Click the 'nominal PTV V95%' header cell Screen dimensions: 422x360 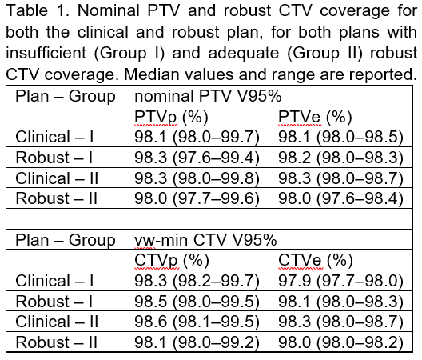coord(208,96)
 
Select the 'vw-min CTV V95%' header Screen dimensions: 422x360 coord(205,240)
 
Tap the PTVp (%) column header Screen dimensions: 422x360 coord(171,118)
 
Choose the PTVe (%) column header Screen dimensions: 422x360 coord(315,118)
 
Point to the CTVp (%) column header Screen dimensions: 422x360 coord(172,261)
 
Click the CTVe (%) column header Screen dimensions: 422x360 coord(316,261)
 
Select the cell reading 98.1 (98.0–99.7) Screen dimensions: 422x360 coord(197,137)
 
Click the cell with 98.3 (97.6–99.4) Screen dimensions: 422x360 coord(197,158)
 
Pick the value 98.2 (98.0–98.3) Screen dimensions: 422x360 coord(340,158)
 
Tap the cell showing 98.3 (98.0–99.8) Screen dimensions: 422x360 coord(197,178)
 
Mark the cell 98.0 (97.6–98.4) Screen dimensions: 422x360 coord(340,198)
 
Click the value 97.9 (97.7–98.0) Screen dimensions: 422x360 coord(340,281)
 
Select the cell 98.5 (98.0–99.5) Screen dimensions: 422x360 coord(197,302)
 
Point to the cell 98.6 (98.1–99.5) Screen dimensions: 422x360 coord(197,322)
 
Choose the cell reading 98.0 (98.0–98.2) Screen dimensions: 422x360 coord(340,342)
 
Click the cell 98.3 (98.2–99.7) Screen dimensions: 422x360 coord(197,281)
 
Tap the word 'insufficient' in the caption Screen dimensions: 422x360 coord(46,53)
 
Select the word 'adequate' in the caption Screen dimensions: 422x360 coord(244,54)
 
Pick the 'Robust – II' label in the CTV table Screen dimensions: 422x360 coord(57,342)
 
